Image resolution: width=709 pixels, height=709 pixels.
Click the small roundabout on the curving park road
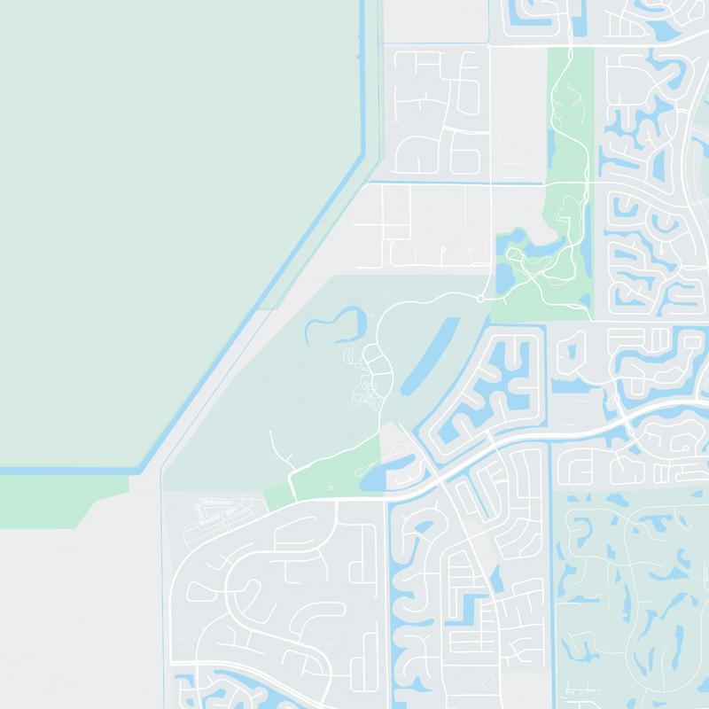click(x=479, y=300)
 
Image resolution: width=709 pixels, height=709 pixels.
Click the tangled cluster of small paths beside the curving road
click(x=363, y=390)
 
